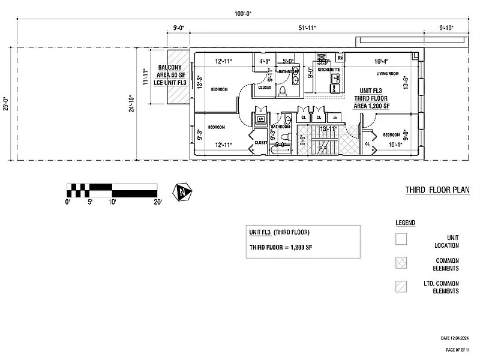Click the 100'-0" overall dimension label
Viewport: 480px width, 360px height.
point(244,13)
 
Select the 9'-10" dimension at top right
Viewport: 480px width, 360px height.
point(448,28)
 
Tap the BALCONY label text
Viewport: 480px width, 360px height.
point(170,68)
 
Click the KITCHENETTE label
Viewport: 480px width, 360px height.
point(329,70)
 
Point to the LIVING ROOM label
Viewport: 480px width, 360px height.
point(388,74)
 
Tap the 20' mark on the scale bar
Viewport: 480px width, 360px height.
point(157,202)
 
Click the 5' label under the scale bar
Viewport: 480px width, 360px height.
point(90,202)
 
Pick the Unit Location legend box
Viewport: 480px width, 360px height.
point(401,239)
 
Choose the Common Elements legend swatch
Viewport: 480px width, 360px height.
point(401,263)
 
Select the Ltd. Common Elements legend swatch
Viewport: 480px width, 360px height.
point(401,286)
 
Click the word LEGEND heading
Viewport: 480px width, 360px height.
point(405,223)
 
